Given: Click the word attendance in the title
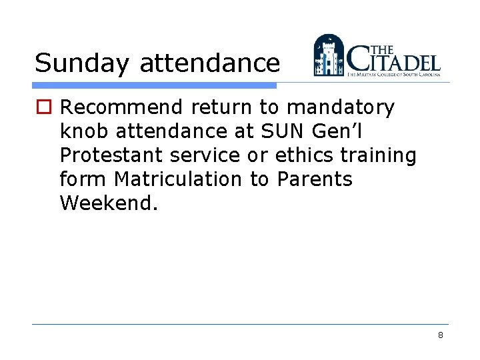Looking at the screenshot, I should coord(209,63).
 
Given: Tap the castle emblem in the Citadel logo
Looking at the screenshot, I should coord(329,55).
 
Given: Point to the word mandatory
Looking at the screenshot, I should coord(341,107).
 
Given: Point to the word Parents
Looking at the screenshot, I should coord(315,179).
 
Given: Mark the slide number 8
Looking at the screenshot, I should coord(441,335).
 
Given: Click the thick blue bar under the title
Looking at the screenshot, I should coord(154,86).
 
